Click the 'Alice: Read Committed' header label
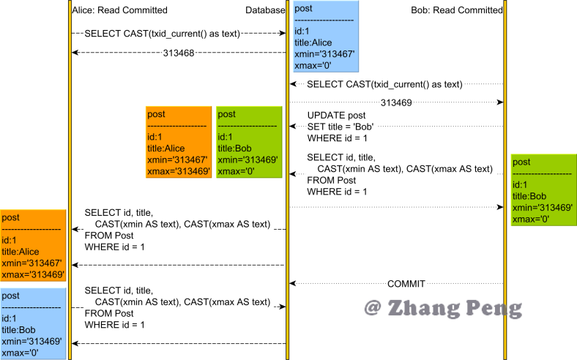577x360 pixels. pos(120,10)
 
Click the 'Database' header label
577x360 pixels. pos(265,10)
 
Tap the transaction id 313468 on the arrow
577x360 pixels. pos(179,53)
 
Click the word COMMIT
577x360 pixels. pos(406,283)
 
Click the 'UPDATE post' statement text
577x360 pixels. pos(336,116)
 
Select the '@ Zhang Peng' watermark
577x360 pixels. pos(444,307)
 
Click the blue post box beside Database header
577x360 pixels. pos(326,37)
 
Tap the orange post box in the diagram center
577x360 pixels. pos(179,143)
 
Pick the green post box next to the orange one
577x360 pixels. pos(249,143)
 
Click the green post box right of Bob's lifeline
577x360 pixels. pos(543,190)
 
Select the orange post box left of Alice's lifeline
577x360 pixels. pos(33,246)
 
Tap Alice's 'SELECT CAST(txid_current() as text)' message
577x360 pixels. pos(172,33)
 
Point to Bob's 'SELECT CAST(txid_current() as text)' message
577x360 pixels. pos(384,84)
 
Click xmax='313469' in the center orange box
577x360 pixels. pos(179,171)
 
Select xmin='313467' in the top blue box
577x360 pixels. pos(325,54)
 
